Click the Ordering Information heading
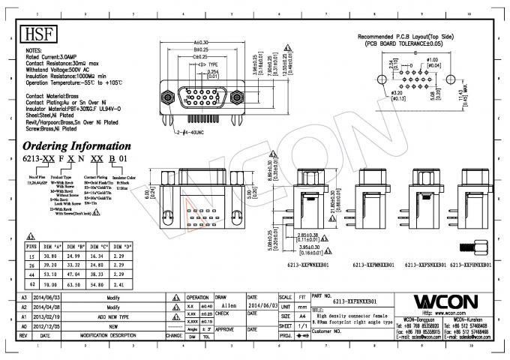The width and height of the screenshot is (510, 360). tap(72, 145)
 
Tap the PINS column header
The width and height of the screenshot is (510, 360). tap(31, 246)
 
